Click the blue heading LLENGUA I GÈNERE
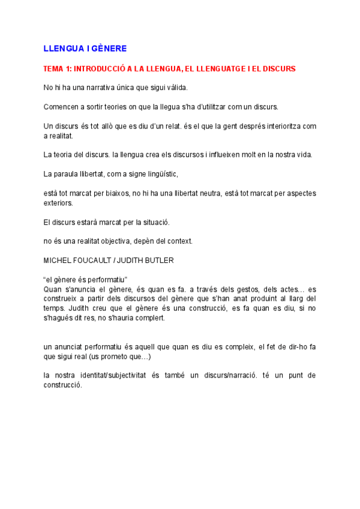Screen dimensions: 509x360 pos(85,48)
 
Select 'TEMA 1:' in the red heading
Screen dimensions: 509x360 pos(57,69)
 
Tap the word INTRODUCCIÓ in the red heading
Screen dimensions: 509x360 pos(100,69)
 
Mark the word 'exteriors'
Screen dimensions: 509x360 pos(58,203)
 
